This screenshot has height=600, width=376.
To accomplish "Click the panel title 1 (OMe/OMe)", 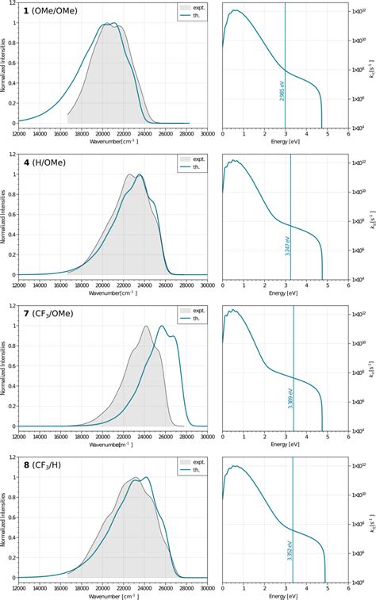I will pyautogui.click(x=46, y=13).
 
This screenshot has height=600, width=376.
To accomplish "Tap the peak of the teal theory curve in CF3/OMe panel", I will pyautogui.click(x=163, y=326).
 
